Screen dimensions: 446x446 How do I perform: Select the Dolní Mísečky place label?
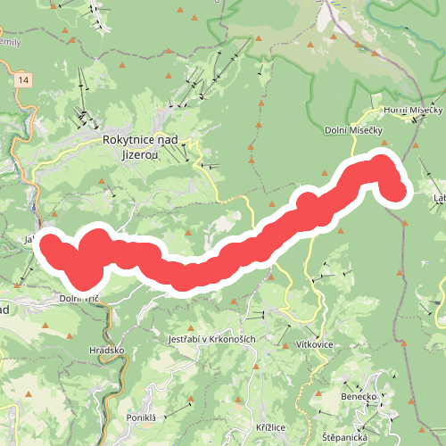[353, 130]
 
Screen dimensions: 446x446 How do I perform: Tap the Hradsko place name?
[108, 351]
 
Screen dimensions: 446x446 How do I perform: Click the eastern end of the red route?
[397, 190]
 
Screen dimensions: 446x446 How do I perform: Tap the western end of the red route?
[50, 243]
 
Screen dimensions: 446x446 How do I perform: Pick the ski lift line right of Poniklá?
[178, 409]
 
